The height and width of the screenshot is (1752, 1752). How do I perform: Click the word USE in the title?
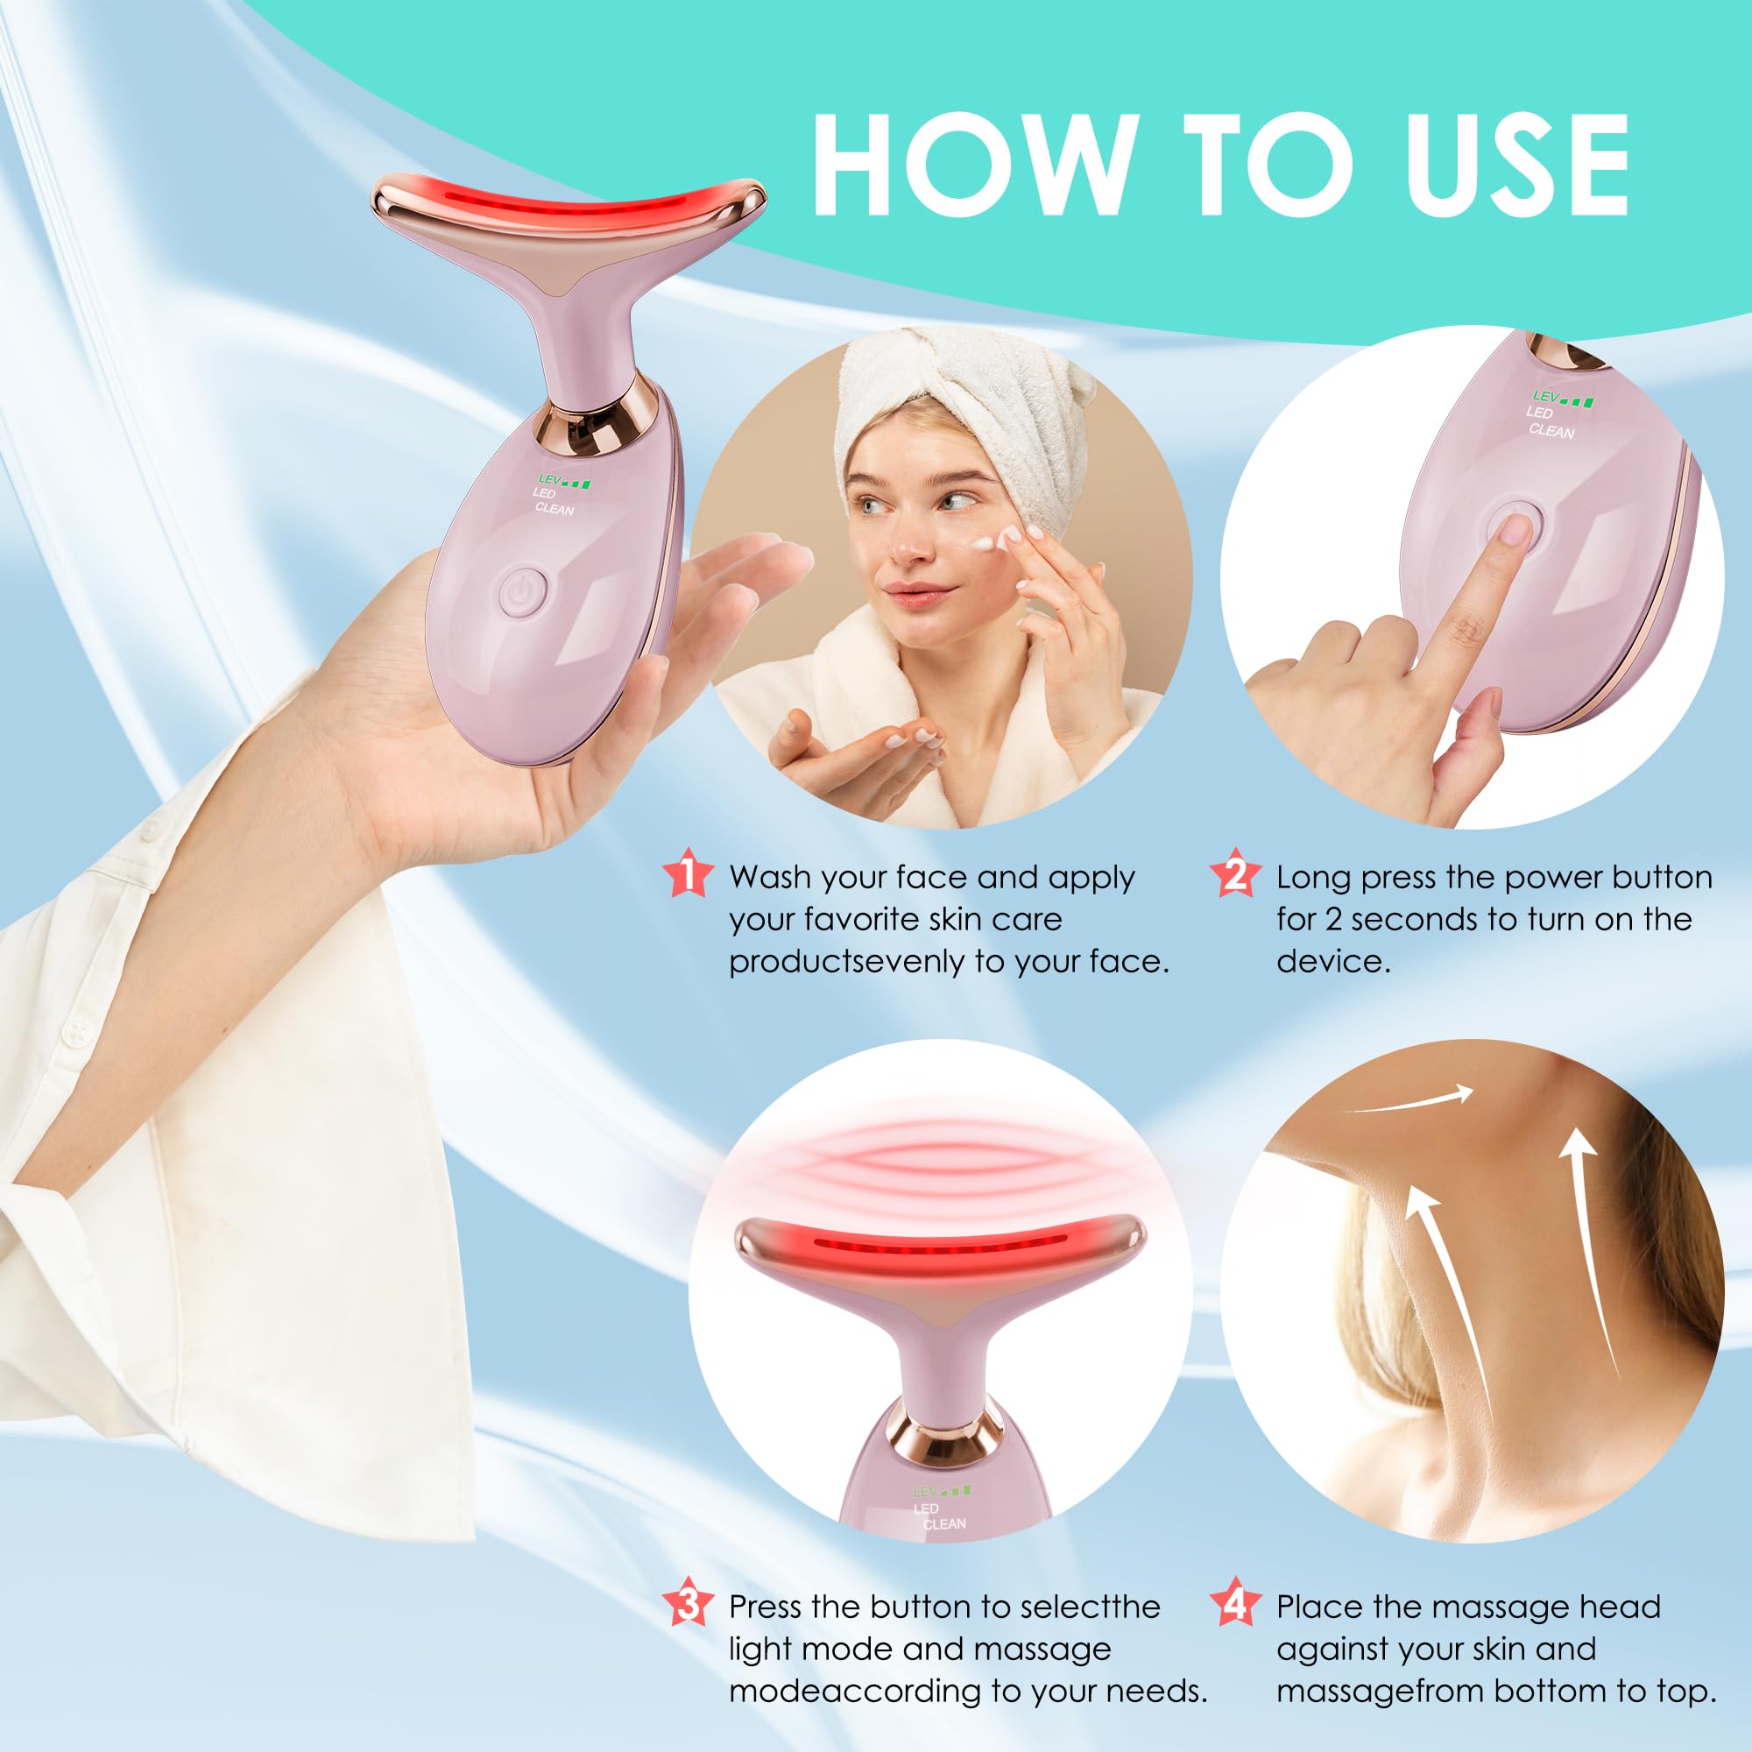click(1516, 165)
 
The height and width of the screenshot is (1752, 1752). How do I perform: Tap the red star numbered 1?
click(689, 874)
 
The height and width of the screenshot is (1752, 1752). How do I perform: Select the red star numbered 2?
click(1235, 874)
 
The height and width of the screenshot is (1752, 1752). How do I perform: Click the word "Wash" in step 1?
click(770, 877)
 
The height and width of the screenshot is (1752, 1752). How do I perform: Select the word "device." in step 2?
click(1333, 961)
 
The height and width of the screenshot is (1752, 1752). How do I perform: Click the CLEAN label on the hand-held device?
click(555, 509)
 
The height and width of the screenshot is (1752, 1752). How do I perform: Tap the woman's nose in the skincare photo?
click(907, 544)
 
